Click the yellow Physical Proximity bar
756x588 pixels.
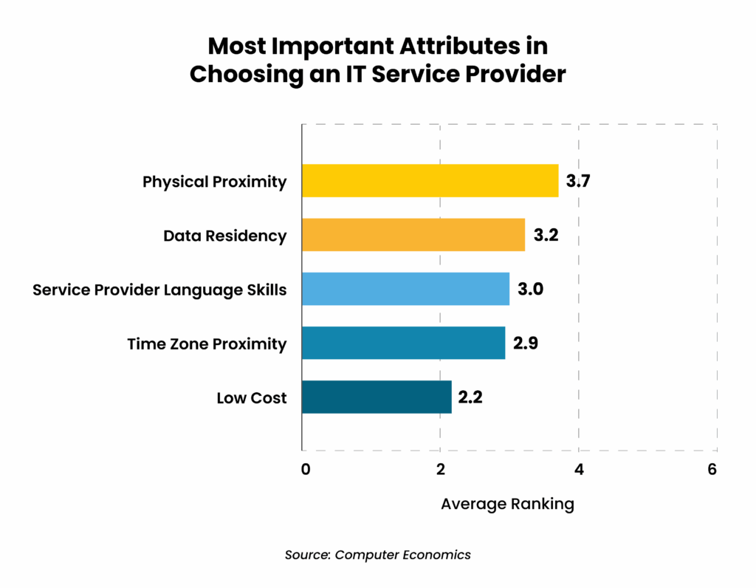(430, 180)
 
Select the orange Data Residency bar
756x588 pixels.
(413, 235)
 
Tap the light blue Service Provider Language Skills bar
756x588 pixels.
(405, 289)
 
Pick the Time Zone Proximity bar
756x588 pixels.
(403, 343)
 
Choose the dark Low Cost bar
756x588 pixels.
(377, 397)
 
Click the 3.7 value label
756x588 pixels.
(577, 180)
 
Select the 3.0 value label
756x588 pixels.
(530, 289)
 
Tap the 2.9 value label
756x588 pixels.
(525, 343)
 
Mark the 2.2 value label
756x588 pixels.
(470, 397)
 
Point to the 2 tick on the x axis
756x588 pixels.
(441, 470)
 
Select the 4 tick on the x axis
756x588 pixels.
(579, 470)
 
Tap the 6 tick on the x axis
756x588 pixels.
(712, 470)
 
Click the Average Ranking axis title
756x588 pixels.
(507, 505)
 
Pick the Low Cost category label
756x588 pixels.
(252, 398)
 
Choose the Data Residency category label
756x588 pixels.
(225, 236)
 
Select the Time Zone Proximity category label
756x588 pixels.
(207, 343)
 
